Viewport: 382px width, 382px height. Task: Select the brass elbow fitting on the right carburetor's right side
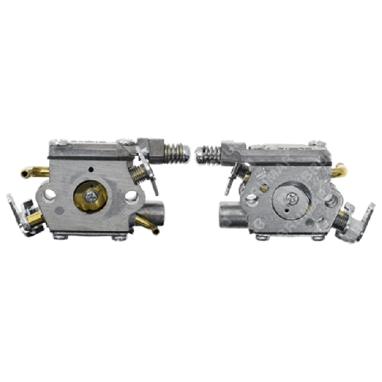point(341,171)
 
